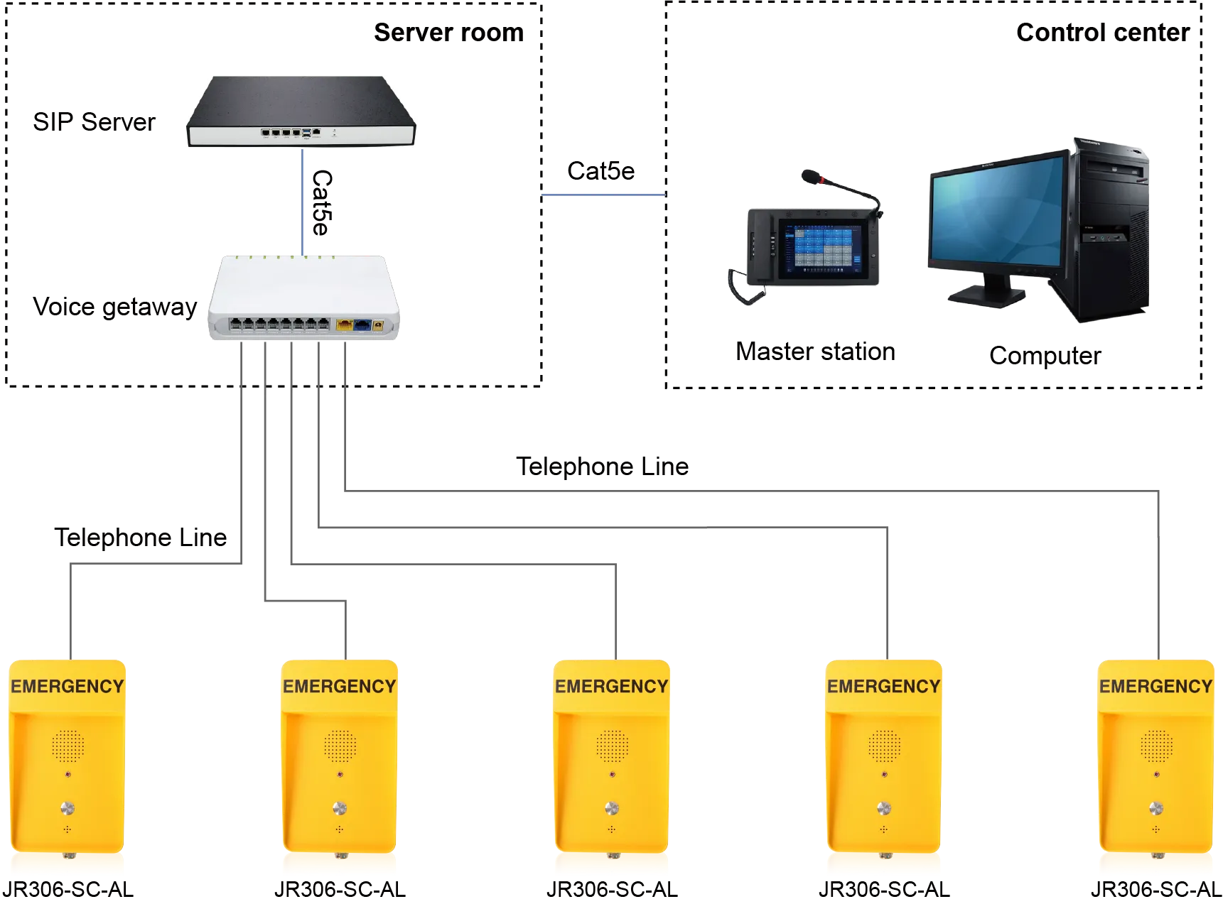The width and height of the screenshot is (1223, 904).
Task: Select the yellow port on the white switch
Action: coord(344,325)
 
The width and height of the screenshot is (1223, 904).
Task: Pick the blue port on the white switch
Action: coord(362,325)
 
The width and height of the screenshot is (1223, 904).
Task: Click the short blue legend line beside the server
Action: coord(604,195)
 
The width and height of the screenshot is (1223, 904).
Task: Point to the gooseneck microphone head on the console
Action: coord(810,176)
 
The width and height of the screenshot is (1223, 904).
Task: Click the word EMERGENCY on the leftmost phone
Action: coord(68,687)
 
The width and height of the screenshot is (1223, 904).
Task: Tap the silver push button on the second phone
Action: coord(340,807)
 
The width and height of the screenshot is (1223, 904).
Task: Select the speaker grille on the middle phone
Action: coord(612,745)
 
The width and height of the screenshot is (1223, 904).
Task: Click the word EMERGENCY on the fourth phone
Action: coord(883,687)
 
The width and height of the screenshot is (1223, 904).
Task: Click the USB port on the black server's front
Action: coord(306,132)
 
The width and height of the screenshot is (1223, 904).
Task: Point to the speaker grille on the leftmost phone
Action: coord(68,745)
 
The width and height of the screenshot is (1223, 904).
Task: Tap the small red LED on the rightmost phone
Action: coord(1156,773)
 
